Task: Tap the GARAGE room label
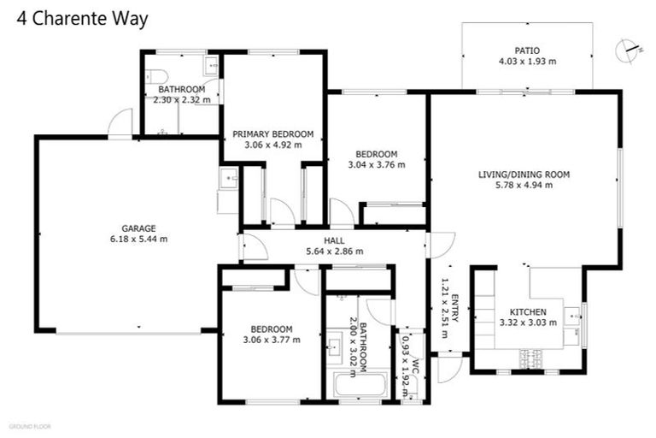tap(138, 228)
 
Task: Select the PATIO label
tap(527, 50)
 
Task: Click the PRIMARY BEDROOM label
tap(273, 133)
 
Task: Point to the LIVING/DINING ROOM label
tap(524, 175)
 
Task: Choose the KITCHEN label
tap(527, 311)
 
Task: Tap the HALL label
tap(334, 240)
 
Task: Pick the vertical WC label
tap(416, 368)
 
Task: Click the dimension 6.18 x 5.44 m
tap(138, 239)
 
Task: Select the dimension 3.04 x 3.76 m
tap(376, 165)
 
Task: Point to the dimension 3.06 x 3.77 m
tap(272, 340)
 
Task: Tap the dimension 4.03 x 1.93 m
tap(527, 62)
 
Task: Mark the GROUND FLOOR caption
tap(30, 425)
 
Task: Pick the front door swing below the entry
tap(448, 369)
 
